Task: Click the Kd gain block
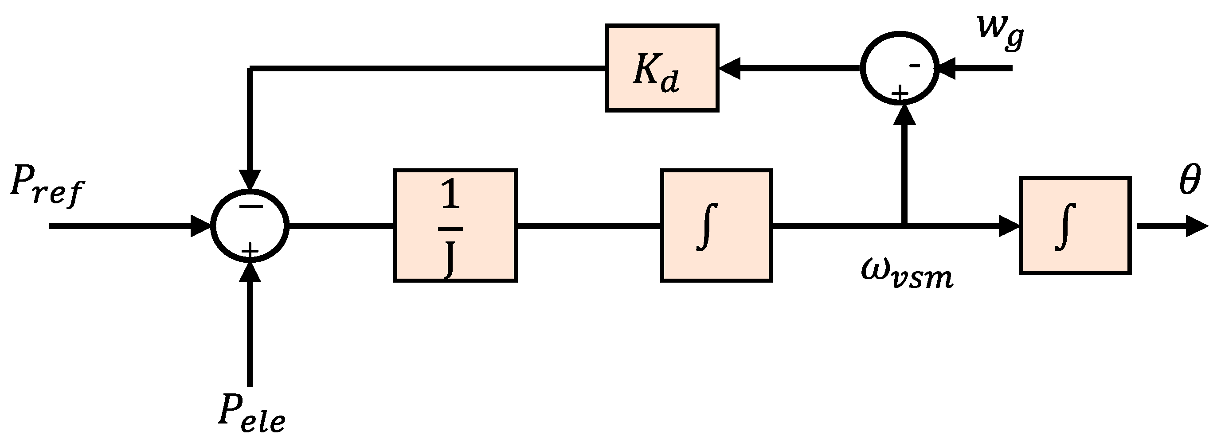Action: [x=661, y=68]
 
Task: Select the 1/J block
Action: [x=455, y=225]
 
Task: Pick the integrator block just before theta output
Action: [x=1074, y=225]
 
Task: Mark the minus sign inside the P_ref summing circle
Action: [x=250, y=206]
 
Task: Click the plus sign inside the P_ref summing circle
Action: [x=250, y=250]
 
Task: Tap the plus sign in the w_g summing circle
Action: [x=900, y=93]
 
